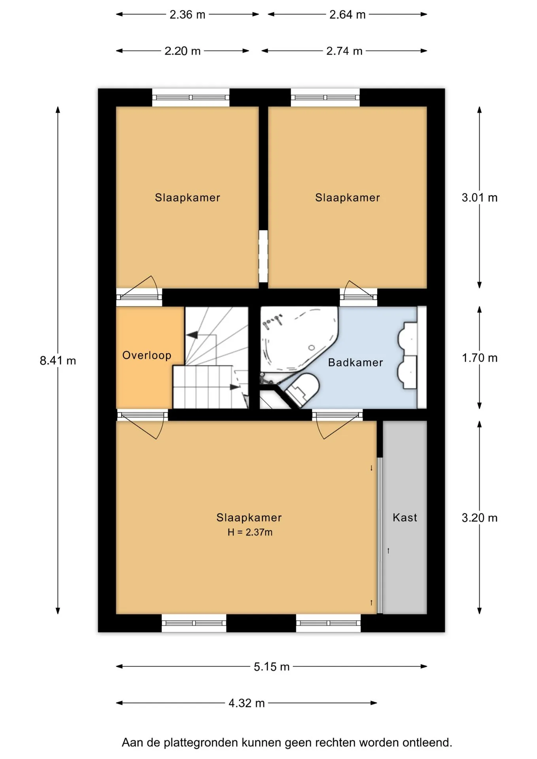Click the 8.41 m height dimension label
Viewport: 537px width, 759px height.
click(58, 361)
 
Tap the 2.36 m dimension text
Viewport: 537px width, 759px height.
click(187, 15)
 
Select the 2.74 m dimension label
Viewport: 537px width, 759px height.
click(344, 51)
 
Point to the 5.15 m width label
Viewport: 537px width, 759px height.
click(272, 667)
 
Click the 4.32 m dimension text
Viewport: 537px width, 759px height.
click(246, 703)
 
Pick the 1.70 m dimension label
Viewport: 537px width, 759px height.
click(480, 358)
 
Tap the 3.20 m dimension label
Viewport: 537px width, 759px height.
click(480, 518)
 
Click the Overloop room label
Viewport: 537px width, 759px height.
click(147, 355)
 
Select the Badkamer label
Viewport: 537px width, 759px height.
click(355, 363)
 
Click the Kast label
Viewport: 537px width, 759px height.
click(405, 517)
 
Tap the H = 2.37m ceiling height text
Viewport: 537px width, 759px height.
click(250, 532)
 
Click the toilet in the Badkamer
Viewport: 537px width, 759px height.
click(303, 389)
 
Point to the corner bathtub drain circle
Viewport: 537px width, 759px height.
click(312, 348)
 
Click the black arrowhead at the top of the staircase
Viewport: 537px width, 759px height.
click(192, 335)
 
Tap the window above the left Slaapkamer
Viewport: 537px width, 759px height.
click(191, 98)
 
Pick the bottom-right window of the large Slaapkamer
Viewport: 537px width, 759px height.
click(328, 623)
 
